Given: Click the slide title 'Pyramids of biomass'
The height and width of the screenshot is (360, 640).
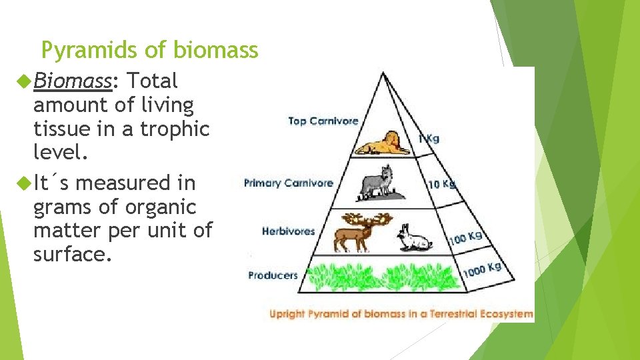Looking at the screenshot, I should tap(149, 50).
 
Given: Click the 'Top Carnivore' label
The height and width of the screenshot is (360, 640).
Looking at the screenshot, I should tap(323, 121).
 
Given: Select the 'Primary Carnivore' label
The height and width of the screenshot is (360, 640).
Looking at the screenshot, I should tap(288, 183).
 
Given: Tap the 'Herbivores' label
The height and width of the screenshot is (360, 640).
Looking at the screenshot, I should tap(288, 231).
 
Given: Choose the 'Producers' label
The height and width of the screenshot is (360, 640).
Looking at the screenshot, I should tap(273, 275).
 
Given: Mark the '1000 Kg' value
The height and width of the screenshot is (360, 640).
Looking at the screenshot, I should tap(482, 269).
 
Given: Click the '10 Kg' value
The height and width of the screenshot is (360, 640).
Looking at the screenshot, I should tap(441, 183).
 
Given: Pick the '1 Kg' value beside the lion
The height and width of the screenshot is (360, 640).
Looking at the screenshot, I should tap(428, 139).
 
